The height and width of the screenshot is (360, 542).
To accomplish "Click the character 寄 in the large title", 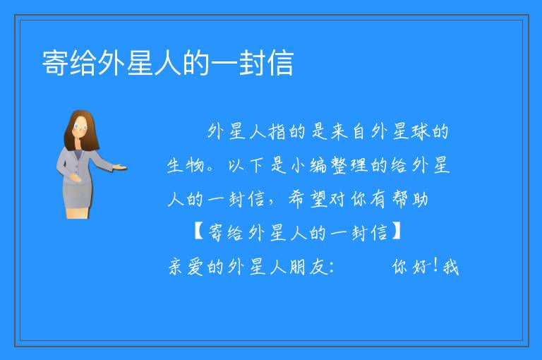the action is pyautogui.click(x=55, y=63).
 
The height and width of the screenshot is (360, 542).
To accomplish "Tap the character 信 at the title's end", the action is pyautogui.click(x=280, y=63).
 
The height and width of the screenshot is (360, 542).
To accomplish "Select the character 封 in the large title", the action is pyautogui.click(x=253, y=63).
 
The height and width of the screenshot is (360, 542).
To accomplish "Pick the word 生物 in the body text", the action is pyautogui.click(x=186, y=165).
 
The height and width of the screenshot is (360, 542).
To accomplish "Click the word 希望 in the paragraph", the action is pyautogui.click(x=308, y=199).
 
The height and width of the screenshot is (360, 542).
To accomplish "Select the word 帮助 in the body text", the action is pyautogui.click(x=410, y=199).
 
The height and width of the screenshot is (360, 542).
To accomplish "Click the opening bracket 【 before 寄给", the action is pyautogui.click(x=199, y=232).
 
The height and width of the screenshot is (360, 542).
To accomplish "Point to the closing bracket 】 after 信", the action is pyautogui.click(x=396, y=232).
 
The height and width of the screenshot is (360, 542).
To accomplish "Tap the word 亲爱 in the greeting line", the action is pyautogui.click(x=186, y=267).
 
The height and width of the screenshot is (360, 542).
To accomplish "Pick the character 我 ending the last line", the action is pyautogui.click(x=451, y=267).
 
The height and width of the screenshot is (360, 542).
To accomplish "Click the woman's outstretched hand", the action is pyautogui.click(x=120, y=168).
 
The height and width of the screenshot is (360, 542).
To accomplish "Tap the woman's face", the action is pyautogui.click(x=80, y=127).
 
